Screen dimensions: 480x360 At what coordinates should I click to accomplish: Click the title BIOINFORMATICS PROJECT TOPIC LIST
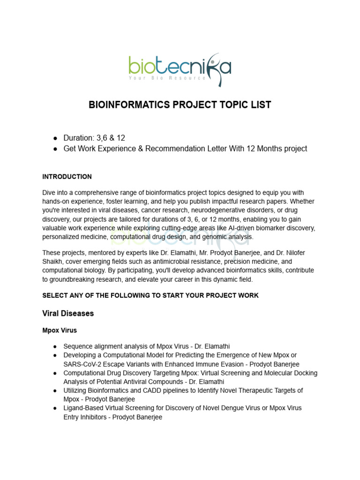(x=180, y=105)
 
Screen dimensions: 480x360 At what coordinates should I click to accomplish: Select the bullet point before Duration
(x=55, y=138)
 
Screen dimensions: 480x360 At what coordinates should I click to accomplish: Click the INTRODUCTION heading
(x=67, y=177)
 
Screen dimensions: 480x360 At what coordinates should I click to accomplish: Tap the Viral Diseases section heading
(x=68, y=314)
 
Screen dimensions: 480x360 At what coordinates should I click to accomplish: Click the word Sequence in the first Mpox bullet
(x=78, y=346)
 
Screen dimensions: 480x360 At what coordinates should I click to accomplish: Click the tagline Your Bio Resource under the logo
(x=167, y=78)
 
